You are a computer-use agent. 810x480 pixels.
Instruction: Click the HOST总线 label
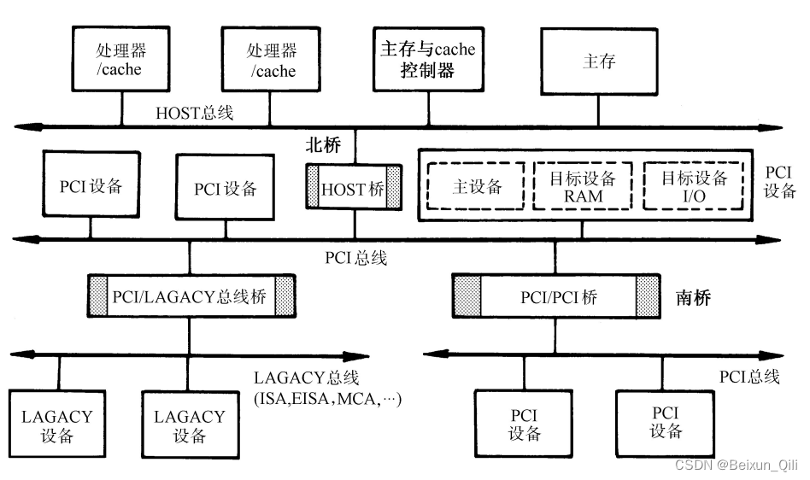click(195, 112)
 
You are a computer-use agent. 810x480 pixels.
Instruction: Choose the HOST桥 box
click(354, 189)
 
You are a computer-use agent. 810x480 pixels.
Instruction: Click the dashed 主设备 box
click(477, 186)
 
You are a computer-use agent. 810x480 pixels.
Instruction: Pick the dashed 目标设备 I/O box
click(695, 186)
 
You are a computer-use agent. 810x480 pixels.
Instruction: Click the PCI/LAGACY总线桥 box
click(191, 296)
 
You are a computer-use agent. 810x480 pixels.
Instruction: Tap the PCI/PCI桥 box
click(557, 296)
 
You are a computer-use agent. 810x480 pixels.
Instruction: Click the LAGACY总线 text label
click(306, 378)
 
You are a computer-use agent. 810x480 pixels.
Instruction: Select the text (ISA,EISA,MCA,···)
click(327, 398)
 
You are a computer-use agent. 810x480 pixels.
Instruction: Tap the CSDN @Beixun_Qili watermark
click(736, 465)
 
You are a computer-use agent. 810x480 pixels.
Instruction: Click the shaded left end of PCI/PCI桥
click(467, 296)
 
